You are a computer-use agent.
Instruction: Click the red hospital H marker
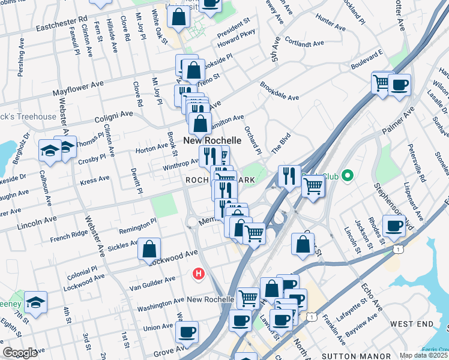[x=197, y=274]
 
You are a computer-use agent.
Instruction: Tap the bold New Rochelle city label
[x=212, y=140]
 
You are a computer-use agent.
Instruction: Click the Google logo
[x=20, y=353]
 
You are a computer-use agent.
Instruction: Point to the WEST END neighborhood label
[x=411, y=324]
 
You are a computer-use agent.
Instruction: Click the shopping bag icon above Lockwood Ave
[x=149, y=250]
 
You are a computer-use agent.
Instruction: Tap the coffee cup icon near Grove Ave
[x=187, y=331]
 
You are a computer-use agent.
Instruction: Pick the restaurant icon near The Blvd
[x=289, y=176]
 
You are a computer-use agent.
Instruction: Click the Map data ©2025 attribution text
[x=423, y=355]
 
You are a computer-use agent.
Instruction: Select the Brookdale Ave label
[x=279, y=92]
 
